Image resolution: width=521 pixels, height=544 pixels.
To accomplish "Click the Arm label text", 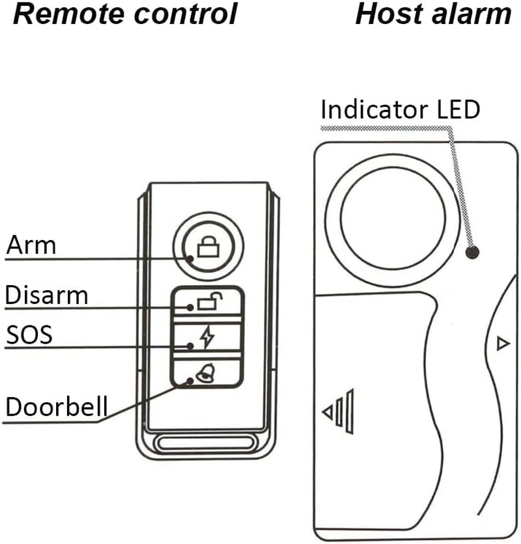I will coord(31,245).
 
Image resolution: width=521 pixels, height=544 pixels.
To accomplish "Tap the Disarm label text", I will coord(46,295).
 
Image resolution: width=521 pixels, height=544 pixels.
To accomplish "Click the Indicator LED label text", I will coord(400,109).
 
